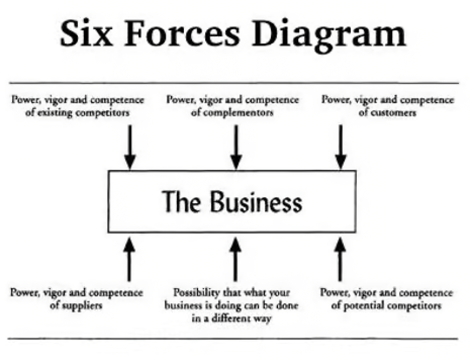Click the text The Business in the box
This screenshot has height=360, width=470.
point(232,201)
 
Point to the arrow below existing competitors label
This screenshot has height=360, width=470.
point(130,147)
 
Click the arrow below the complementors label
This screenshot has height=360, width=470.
point(236,147)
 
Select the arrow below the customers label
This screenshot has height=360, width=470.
point(341,147)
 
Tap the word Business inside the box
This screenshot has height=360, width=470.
point(255,201)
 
